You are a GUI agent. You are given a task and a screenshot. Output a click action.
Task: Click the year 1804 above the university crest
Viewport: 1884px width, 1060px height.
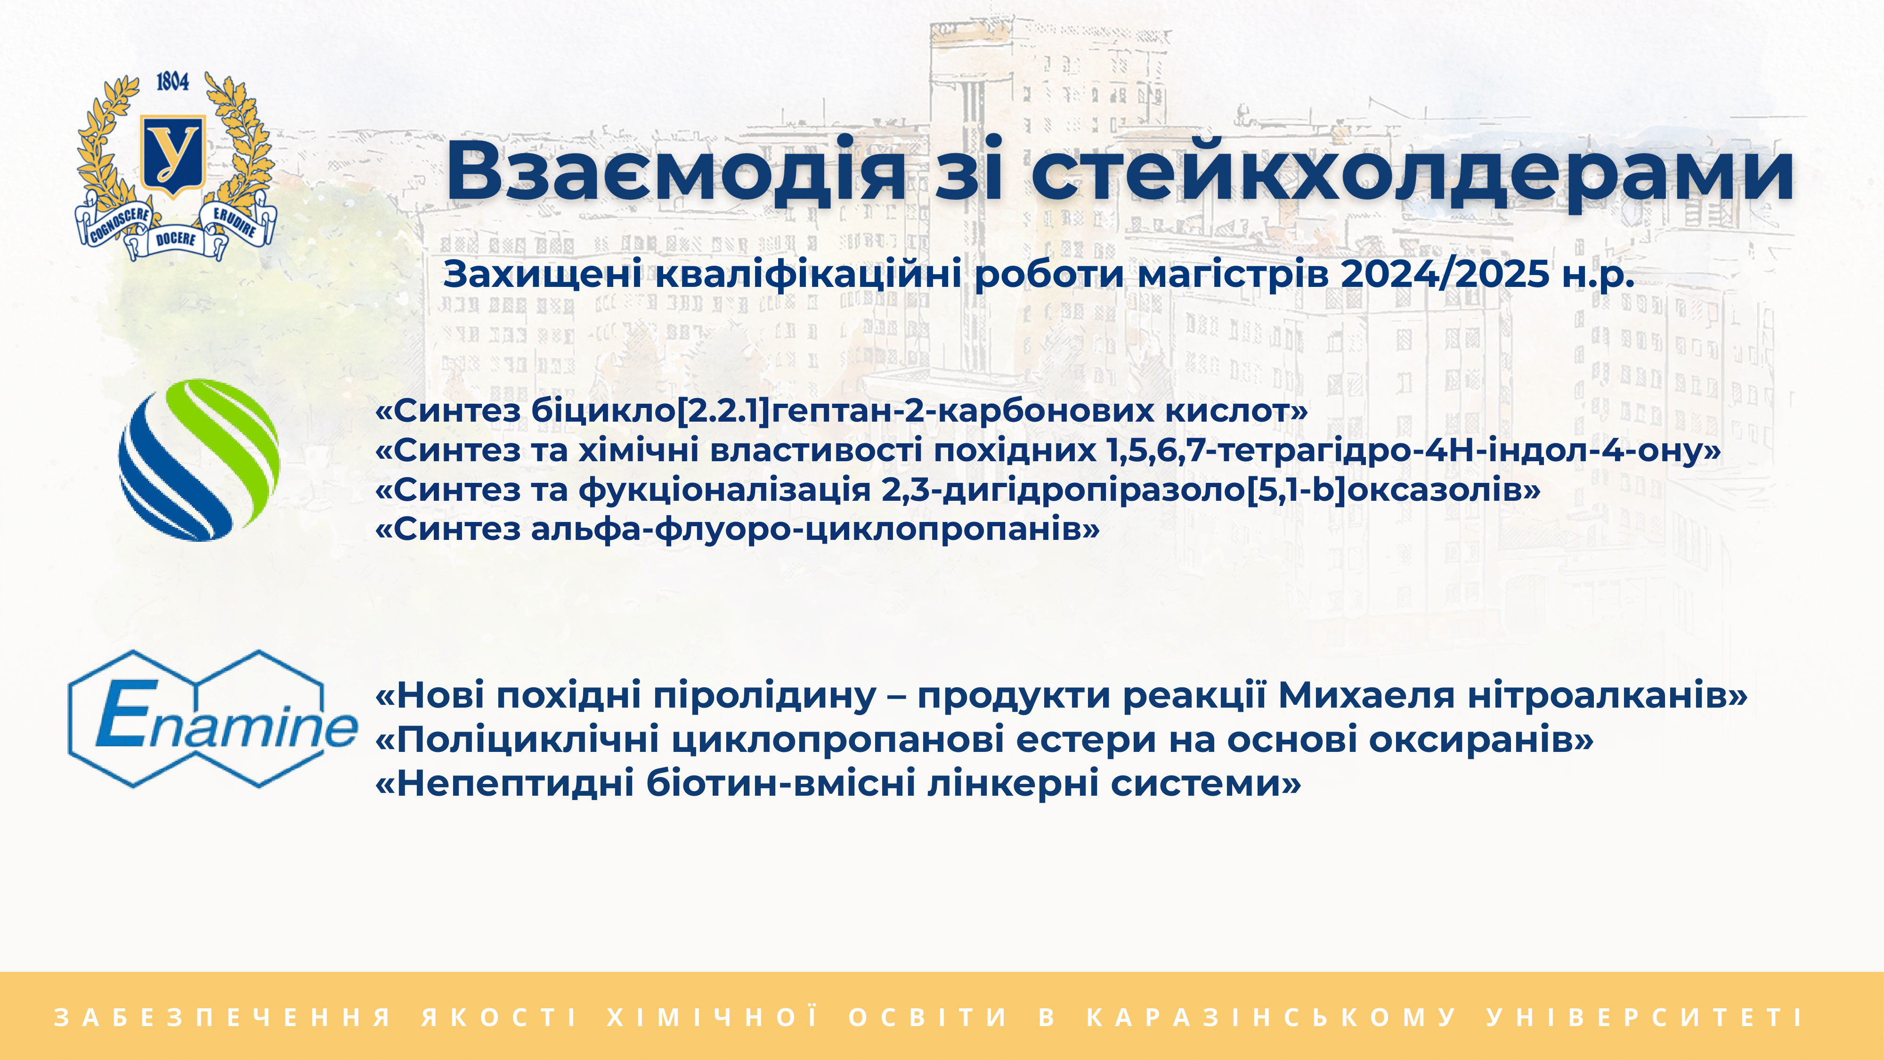172,81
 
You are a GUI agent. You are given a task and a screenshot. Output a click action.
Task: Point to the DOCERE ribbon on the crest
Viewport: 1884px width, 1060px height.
176,239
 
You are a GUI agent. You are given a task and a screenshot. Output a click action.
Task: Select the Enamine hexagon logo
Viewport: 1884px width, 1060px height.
212,719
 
